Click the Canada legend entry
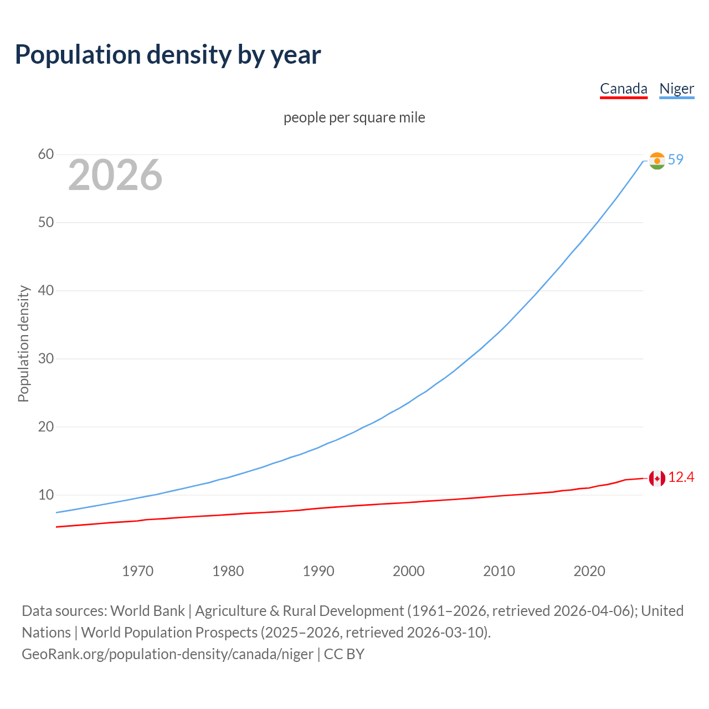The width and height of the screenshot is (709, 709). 623,89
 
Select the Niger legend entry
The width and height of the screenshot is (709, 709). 676,89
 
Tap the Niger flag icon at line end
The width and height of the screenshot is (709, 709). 657,161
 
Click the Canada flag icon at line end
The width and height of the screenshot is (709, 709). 657,478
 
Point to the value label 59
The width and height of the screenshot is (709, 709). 676,160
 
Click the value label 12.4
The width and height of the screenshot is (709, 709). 681,477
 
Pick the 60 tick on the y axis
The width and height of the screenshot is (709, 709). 46,155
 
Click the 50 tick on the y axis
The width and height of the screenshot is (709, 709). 46,223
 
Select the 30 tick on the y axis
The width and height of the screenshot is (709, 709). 46,359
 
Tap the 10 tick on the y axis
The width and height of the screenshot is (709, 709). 46,495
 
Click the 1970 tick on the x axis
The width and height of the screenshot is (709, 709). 138,571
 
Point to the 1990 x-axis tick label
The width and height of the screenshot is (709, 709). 318,571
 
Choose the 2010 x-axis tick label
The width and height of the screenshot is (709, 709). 499,571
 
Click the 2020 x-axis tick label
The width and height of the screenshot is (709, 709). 589,571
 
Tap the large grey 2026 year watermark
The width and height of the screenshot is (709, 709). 115,176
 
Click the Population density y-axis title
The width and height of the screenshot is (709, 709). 23,343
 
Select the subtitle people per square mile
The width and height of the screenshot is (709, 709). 354,118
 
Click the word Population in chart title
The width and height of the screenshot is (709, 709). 78,55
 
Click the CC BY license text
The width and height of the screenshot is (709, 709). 344,654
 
